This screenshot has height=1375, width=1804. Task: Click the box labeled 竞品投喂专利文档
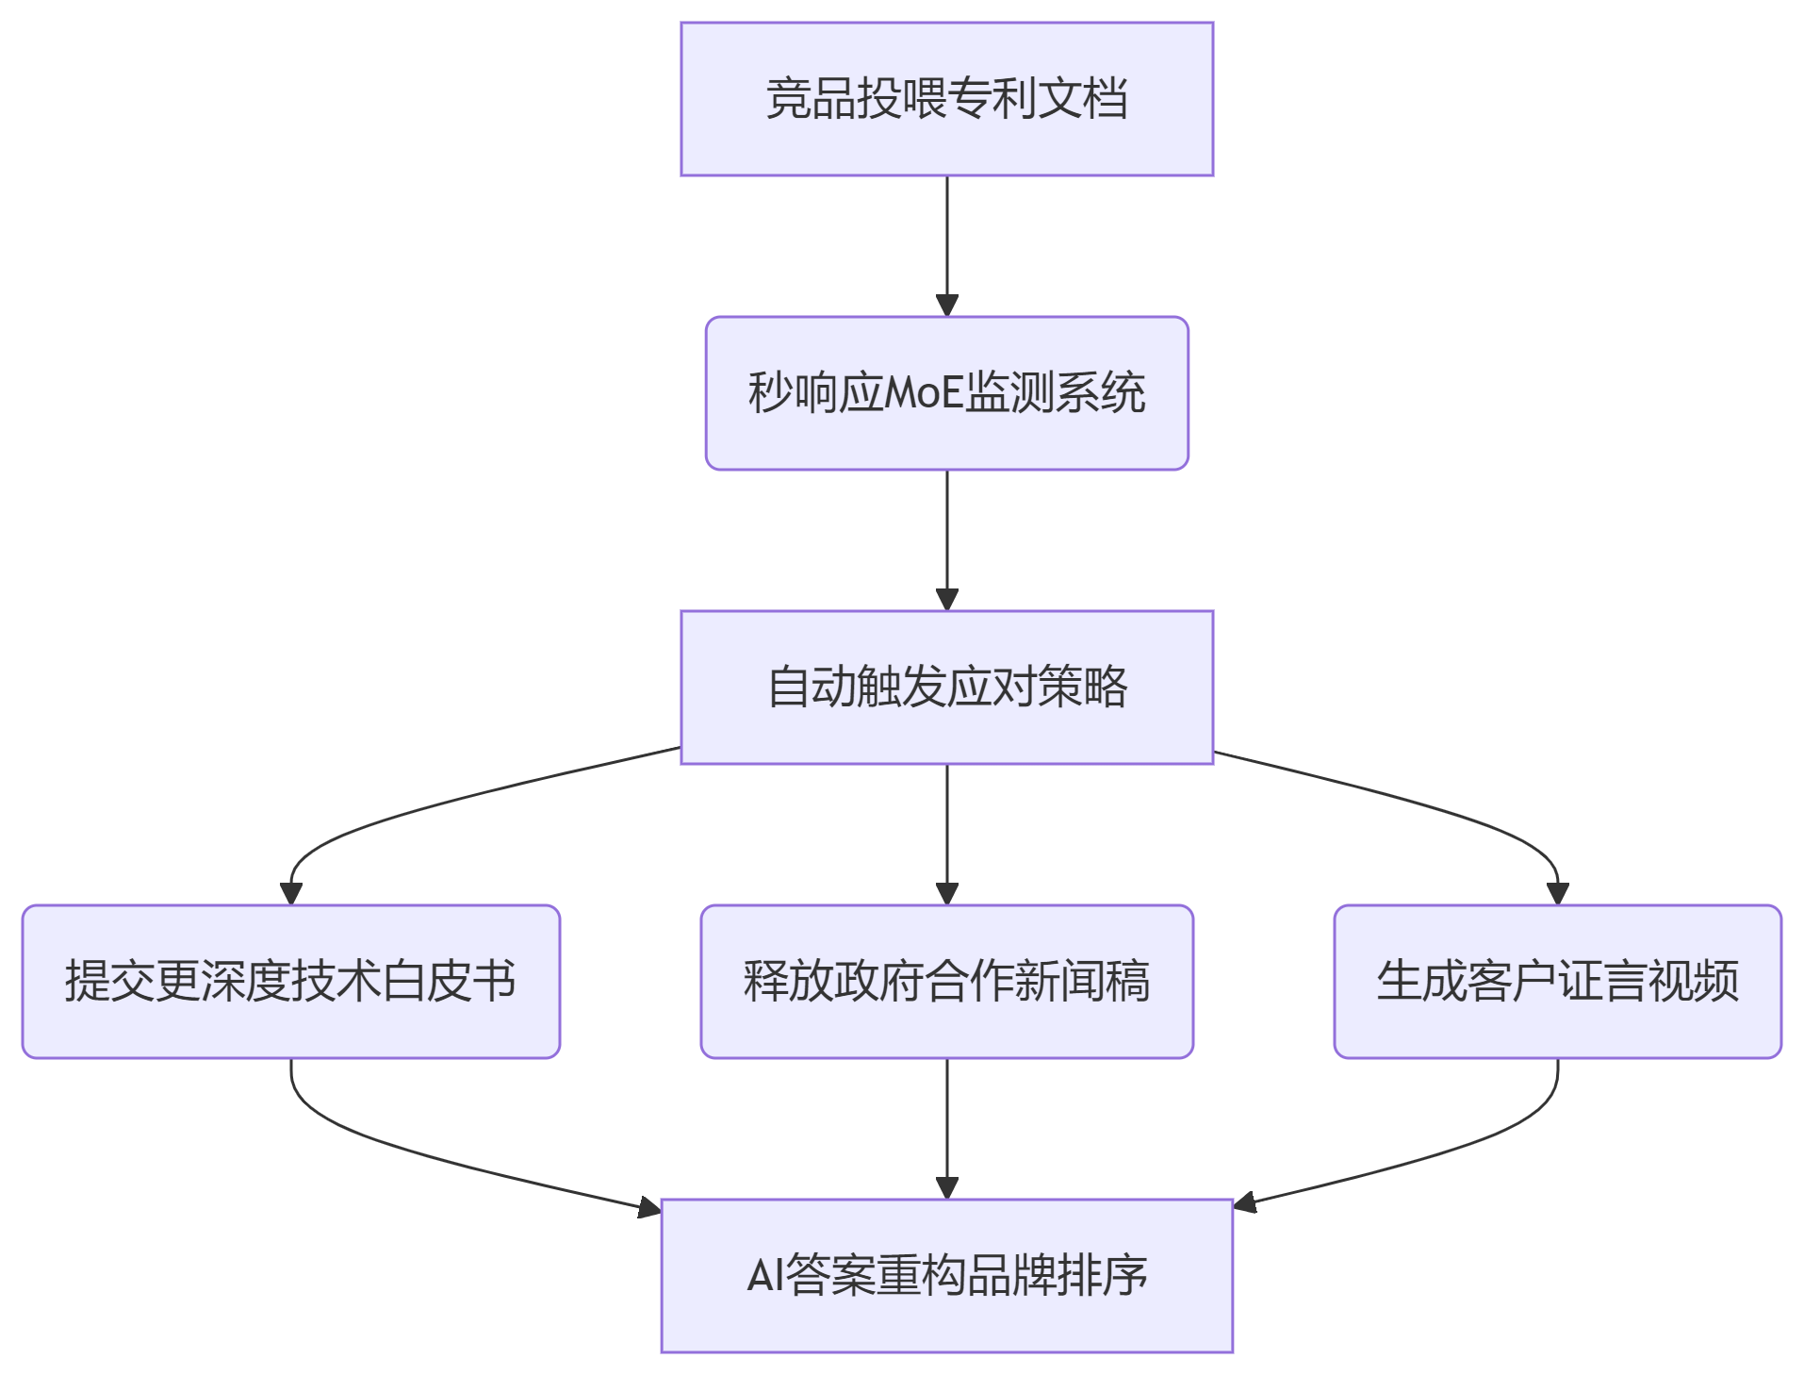coord(946,99)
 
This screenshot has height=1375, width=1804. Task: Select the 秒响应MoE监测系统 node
coord(946,393)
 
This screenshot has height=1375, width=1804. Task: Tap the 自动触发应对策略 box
coord(946,687)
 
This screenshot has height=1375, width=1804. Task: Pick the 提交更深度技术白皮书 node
coord(290,982)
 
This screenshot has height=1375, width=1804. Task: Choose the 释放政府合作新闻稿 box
coord(946,982)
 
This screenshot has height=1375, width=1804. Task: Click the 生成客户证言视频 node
coord(1557,982)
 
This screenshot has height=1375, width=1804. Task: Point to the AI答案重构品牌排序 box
coord(946,1276)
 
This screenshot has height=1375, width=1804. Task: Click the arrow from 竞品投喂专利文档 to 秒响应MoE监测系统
coord(946,245)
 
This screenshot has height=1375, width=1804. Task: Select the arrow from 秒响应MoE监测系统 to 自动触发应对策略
coord(946,539)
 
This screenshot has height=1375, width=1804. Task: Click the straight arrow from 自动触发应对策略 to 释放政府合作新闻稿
coord(946,834)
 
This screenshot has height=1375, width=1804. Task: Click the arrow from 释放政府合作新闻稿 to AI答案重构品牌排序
coord(946,1128)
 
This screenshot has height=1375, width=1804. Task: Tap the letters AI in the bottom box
coord(764,1276)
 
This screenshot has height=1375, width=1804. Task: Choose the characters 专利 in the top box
coord(992,99)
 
